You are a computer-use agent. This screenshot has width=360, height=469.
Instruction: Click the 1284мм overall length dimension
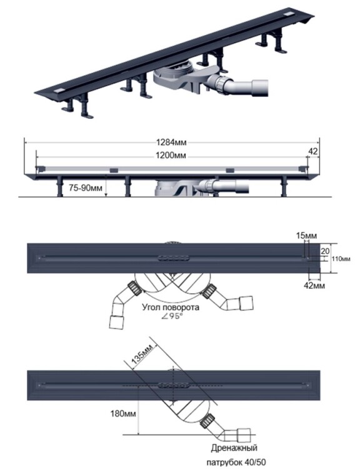tap(171, 142)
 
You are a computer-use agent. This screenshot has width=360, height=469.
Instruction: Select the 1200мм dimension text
tap(171, 156)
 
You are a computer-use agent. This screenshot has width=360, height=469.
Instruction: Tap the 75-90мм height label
tap(86, 188)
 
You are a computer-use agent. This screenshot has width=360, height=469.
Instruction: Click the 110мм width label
tap(341, 259)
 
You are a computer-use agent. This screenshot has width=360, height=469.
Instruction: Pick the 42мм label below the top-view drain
tap(314, 285)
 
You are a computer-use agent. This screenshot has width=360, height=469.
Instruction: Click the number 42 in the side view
tap(312, 151)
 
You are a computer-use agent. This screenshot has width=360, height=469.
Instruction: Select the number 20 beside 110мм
tap(325, 251)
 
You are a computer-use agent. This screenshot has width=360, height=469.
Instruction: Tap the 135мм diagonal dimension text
tap(142, 354)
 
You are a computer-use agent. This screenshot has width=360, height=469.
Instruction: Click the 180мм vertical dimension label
tap(123, 414)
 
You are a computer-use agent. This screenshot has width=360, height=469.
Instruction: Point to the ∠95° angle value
tap(171, 316)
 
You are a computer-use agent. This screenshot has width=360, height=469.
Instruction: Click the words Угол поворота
tap(171, 307)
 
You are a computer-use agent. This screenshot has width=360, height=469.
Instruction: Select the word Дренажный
tap(234, 448)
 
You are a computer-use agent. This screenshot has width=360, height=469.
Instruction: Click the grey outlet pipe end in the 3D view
tap(260, 88)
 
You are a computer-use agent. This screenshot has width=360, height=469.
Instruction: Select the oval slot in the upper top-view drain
tap(173, 258)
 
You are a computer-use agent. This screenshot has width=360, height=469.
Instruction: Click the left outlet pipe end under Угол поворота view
tap(117, 322)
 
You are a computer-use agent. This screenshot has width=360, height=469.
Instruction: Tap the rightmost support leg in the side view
tap(284, 186)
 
